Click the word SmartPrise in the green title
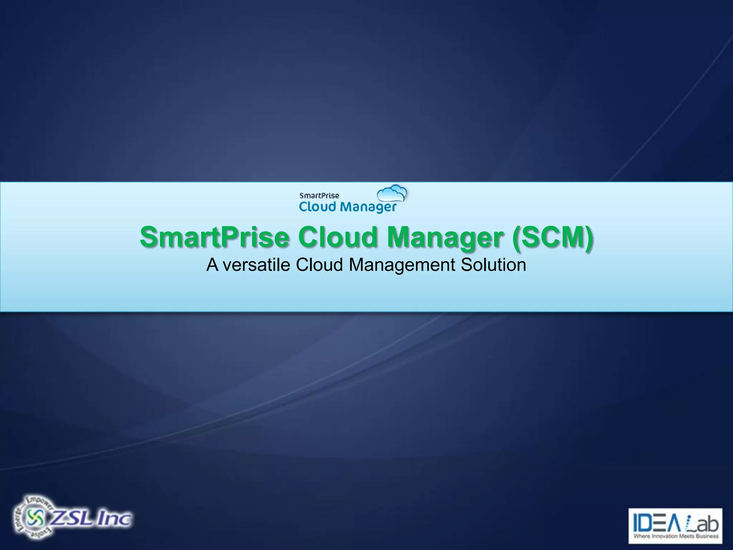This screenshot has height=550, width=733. [214, 237]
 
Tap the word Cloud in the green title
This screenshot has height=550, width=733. [338, 237]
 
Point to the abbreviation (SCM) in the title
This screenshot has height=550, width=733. [552, 237]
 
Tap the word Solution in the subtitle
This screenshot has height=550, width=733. [493, 265]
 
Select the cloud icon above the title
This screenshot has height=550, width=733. [392, 194]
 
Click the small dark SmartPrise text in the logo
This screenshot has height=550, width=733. [319, 196]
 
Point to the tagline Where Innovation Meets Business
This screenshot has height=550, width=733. [676, 536]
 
